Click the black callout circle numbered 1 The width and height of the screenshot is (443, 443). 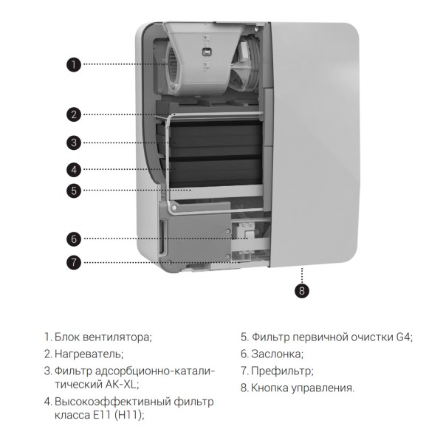[x=74, y=64]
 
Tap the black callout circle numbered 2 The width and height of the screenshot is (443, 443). [x=74, y=114]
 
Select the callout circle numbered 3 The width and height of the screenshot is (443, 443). [x=74, y=142]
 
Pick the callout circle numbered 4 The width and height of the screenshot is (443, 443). [x=74, y=170]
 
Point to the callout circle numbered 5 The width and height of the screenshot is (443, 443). [x=74, y=190]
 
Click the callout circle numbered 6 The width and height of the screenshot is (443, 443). [x=74, y=238]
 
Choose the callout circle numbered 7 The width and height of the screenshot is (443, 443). [x=74, y=262]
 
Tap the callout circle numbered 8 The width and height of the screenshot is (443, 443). [x=302, y=290]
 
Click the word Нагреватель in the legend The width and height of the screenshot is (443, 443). [x=89, y=354]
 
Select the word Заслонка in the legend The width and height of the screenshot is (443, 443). [x=277, y=354]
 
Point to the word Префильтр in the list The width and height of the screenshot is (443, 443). [x=282, y=371]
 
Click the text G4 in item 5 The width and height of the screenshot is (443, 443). [x=404, y=337]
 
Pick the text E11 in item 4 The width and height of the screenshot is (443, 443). [x=102, y=415]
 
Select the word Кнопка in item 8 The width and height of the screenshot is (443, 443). [x=269, y=388]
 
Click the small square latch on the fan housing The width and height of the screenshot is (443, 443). [x=207, y=52]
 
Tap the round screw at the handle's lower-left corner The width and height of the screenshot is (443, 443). [x=174, y=208]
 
